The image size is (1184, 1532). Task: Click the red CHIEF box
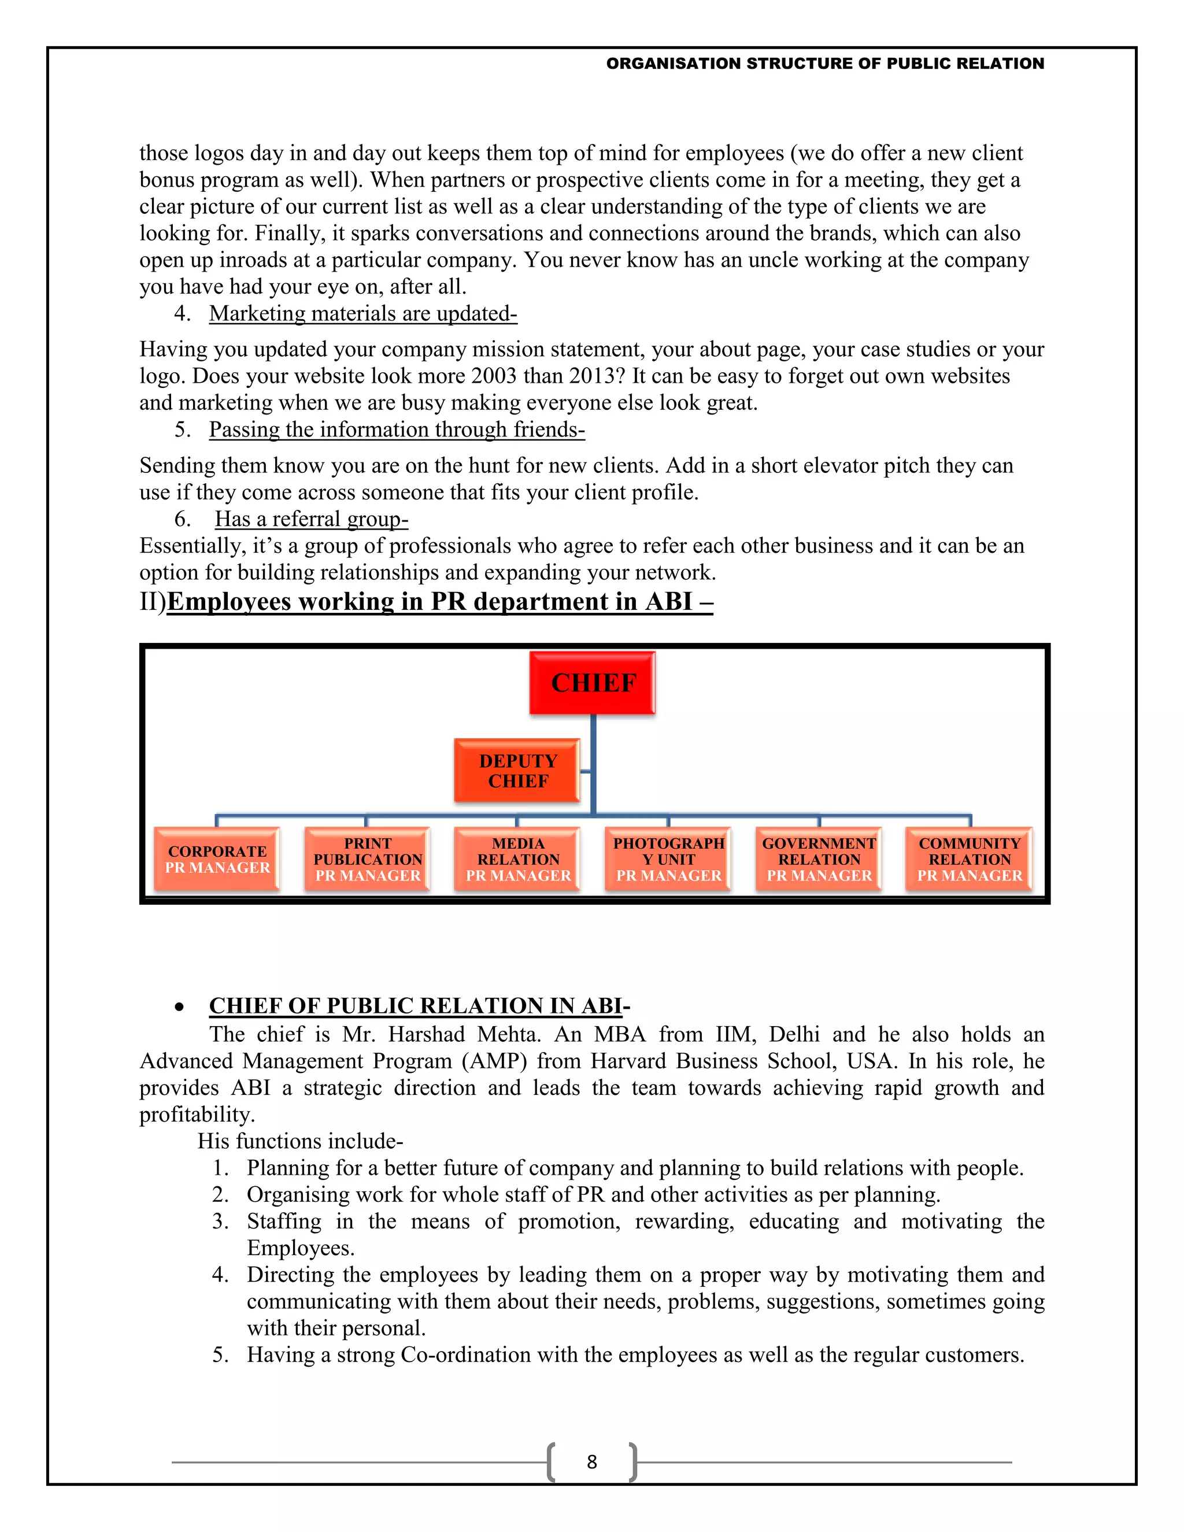click(593, 683)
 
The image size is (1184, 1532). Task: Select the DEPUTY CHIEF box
click(517, 770)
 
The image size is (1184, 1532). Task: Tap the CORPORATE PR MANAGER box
click(217, 859)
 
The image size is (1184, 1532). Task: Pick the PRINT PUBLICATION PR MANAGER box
click(368, 859)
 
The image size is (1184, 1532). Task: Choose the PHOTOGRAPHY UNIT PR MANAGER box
click(668, 859)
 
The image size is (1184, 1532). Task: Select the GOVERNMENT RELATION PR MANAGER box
click(819, 859)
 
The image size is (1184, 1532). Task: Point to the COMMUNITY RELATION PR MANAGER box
click(970, 859)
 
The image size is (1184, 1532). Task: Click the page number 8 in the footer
click(592, 1462)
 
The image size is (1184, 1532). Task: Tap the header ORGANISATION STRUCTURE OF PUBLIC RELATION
click(825, 64)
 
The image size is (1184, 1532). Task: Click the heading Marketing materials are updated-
click(362, 313)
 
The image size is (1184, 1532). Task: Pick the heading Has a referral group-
click(312, 519)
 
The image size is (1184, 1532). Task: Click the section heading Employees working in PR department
click(440, 602)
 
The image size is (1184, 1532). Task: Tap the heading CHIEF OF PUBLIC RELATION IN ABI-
click(419, 1006)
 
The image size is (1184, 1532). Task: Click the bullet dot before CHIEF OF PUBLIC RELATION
click(180, 1007)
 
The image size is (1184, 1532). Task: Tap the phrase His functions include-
click(300, 1141)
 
